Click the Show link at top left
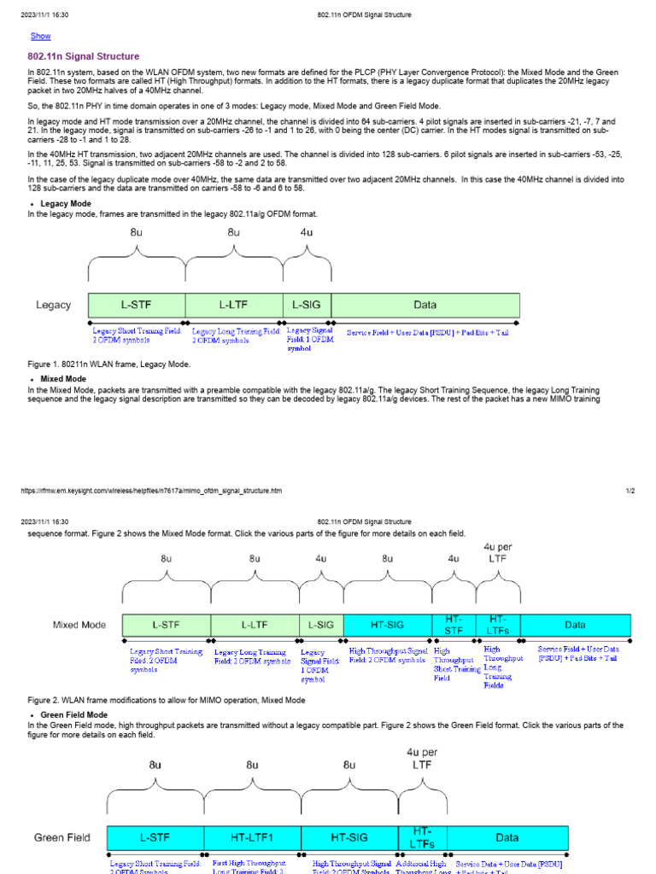(x=40, y=36)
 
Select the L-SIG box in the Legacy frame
(x=306, y=305)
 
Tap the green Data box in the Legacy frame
(x=425, y=305)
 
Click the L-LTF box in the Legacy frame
(x=233, y=305)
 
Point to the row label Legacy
(x=53, y=305)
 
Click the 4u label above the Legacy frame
(x=305, y=231)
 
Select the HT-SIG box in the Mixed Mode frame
(x=387, y=624)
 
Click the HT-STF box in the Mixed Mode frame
(x=454, y=624)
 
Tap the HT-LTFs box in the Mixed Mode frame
(x=498, y=624)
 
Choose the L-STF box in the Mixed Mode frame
(x=166, y=624)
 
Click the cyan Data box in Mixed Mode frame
(x=575, y=624)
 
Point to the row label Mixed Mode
(x=79, y=624)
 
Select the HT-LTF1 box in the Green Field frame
(x=252, y=837)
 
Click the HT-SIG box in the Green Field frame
(x=349, y=837)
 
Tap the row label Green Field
(x=61, y=837)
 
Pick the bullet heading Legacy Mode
(x=66, y=204)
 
